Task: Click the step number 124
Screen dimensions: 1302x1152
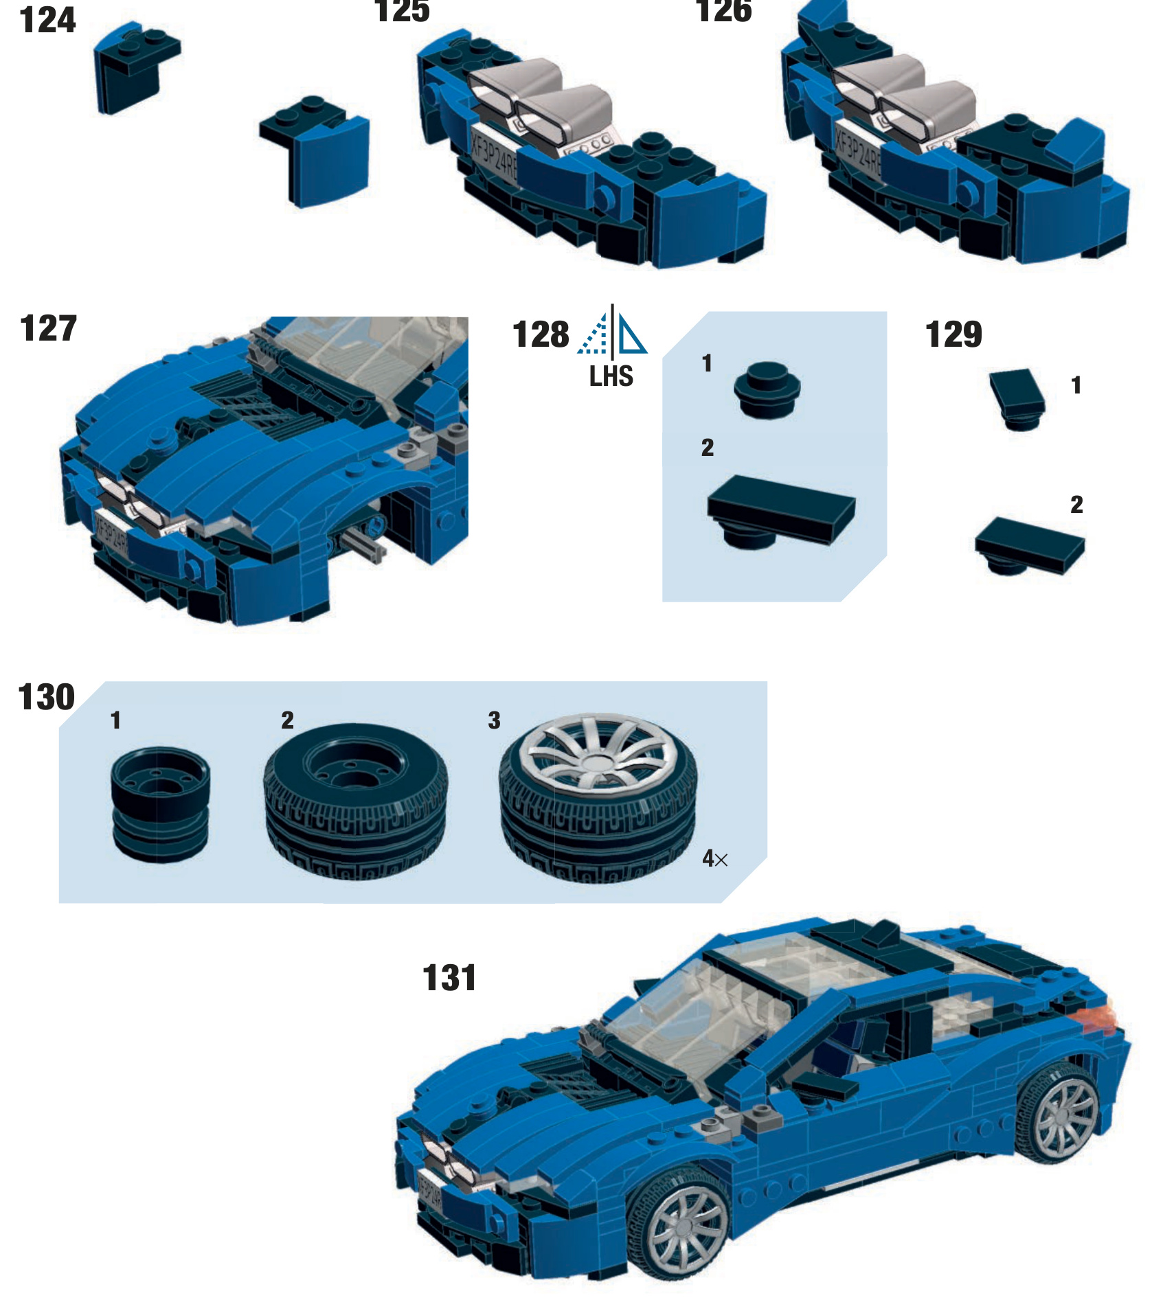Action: point(47,20)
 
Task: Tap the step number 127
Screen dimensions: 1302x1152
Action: point(48,328)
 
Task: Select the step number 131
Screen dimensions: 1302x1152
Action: point(449,978)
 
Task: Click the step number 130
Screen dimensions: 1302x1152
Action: point(46,697)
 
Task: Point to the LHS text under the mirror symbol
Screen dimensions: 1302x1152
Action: point(611,376)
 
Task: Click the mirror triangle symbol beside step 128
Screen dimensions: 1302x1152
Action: point(612,333)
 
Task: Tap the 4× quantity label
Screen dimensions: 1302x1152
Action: point(714,858)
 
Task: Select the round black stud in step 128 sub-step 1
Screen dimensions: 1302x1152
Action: point(767,389)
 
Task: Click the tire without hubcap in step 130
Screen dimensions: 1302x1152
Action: point(355,800)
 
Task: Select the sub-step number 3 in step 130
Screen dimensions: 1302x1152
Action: point(494,720)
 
